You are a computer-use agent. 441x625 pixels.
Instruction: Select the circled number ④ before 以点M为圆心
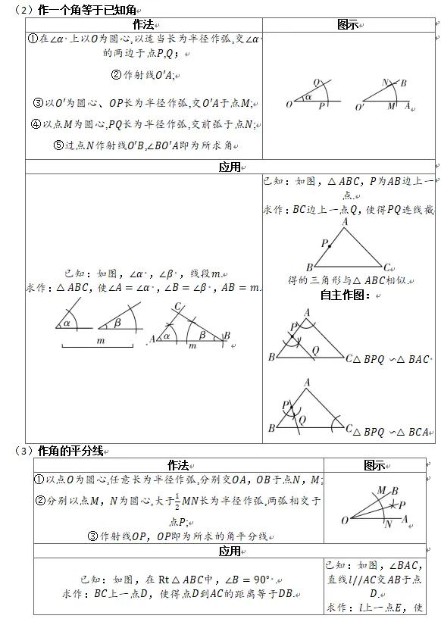pos(36,124)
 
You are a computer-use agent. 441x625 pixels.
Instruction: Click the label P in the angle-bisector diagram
pos(402,505)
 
